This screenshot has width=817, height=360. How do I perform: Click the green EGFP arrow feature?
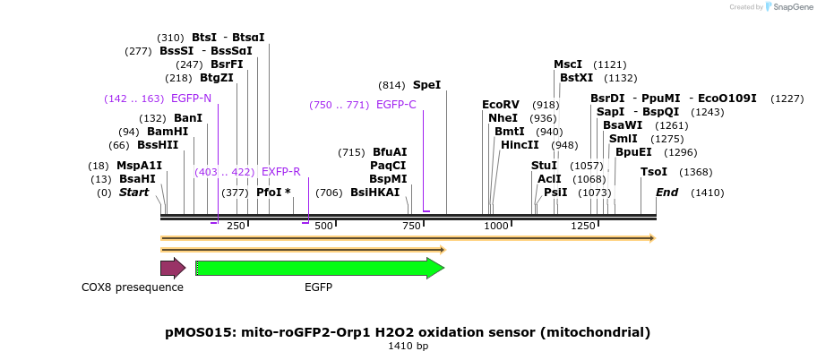[319, 268]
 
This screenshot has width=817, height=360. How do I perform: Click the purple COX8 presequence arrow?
[172, 268]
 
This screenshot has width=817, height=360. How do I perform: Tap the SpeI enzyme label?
[426, 85]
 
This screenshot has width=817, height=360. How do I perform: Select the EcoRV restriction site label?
[500, 105]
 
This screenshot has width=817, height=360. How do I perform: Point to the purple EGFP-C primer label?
[396, 105]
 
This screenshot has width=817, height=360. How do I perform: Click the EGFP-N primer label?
[191, 99]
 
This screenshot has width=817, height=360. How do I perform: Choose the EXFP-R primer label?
[280, 171]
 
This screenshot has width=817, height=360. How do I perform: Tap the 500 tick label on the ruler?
[323, 226]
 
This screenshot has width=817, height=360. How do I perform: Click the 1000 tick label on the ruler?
[496, 226]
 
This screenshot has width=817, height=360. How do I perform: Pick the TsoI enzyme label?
[654, 172]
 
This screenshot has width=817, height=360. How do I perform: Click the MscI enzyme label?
[568, 64]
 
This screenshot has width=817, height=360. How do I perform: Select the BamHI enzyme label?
[168, 132]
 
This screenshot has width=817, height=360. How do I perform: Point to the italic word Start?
[133, 193]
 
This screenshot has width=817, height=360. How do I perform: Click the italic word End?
[666, 193]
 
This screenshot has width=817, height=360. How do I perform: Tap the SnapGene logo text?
[787, 7]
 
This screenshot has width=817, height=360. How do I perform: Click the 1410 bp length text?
[408, 346]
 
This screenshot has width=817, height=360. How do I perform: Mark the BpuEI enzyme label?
[632, 152]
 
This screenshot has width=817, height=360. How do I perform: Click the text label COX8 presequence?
[133, 287]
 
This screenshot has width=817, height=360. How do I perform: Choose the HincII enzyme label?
[520, 145]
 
